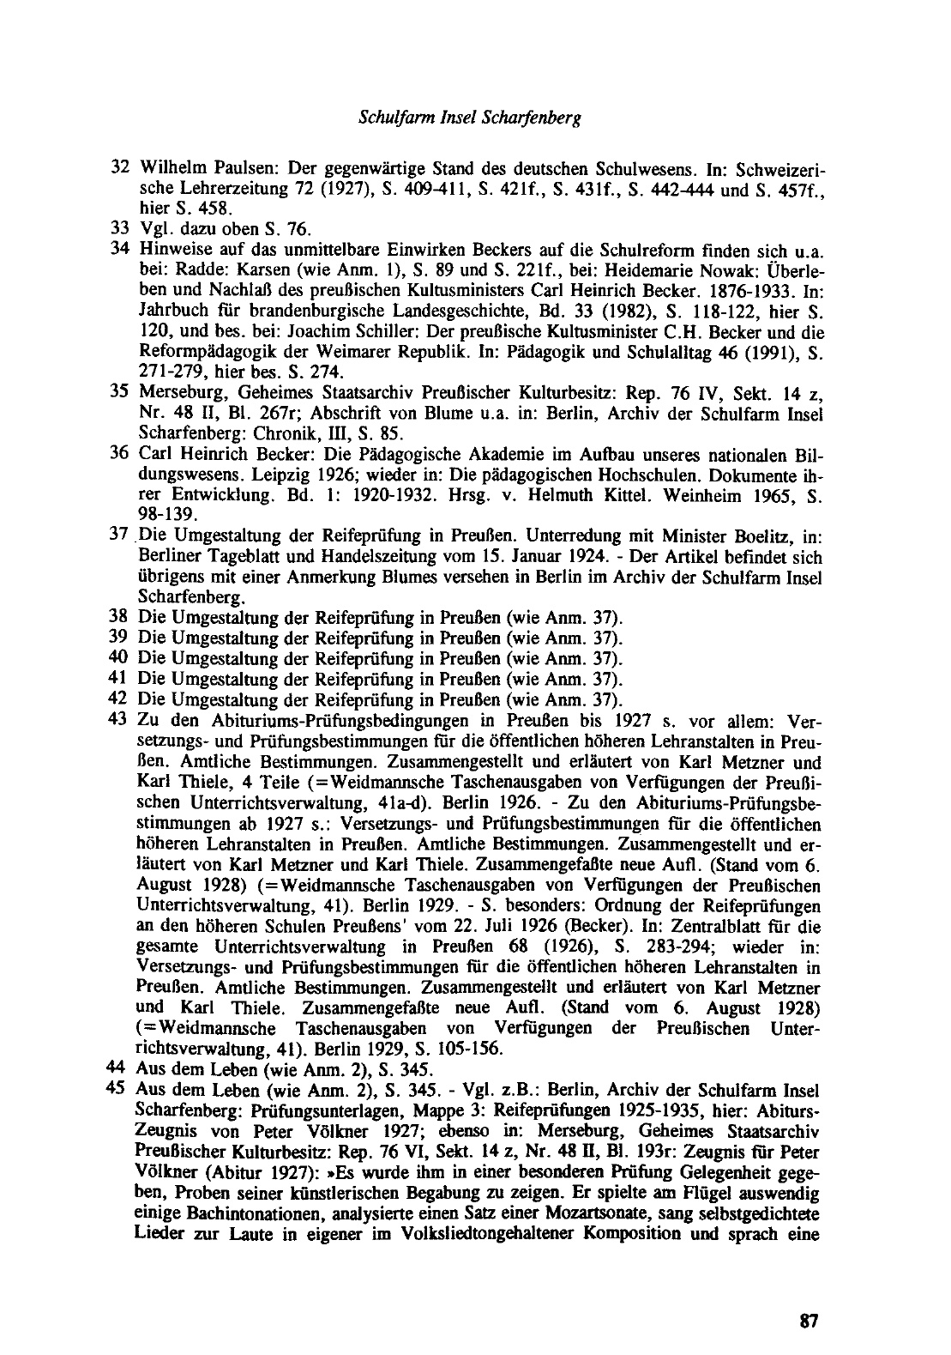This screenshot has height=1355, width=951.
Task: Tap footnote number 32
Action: tap(120, 165)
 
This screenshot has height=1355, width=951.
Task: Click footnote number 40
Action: tap(120, 658)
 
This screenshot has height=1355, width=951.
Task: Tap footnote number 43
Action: tap(120, 719)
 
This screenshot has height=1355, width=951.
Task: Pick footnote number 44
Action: tap(120, 1068)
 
